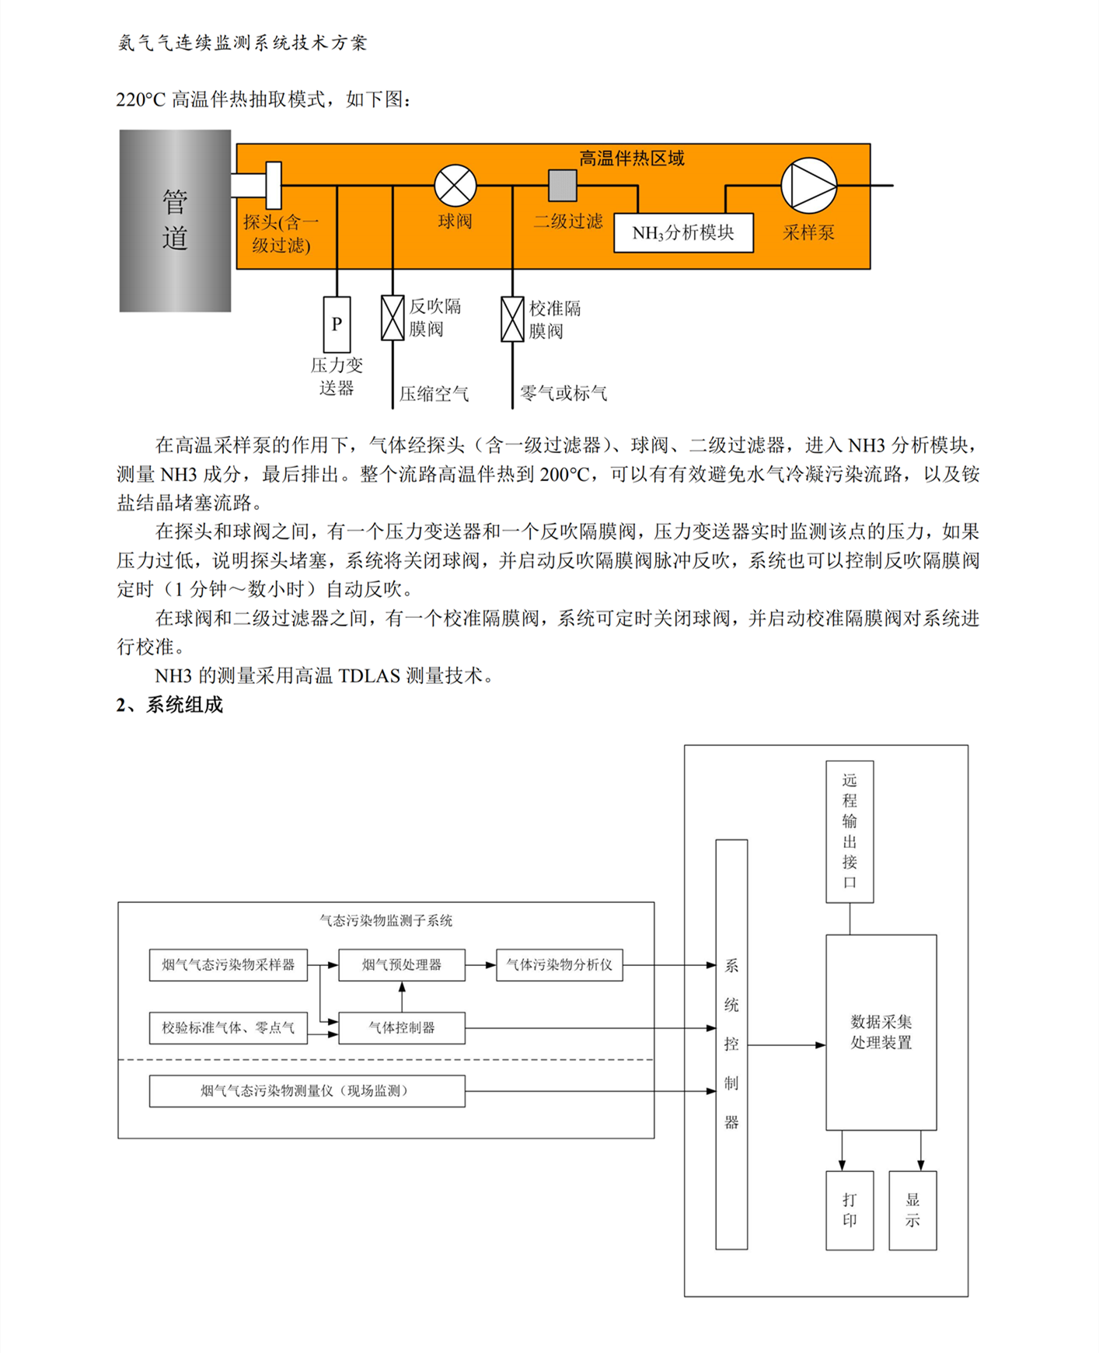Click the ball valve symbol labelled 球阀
455,186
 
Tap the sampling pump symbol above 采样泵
808,186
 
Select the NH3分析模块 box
683,232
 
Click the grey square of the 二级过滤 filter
563,185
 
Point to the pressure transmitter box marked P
337,324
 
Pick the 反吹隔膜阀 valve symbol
392,318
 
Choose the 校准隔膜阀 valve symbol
512,319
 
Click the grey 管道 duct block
175,221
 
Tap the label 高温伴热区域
631,159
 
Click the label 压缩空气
434,394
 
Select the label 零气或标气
563,393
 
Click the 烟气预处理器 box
402,964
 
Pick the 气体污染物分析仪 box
559,964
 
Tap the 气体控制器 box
402,1027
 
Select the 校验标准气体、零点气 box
228,1027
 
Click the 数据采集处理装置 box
881,1032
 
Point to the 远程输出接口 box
850,831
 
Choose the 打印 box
850,1210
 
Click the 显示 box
912,1210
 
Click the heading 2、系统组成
169,705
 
